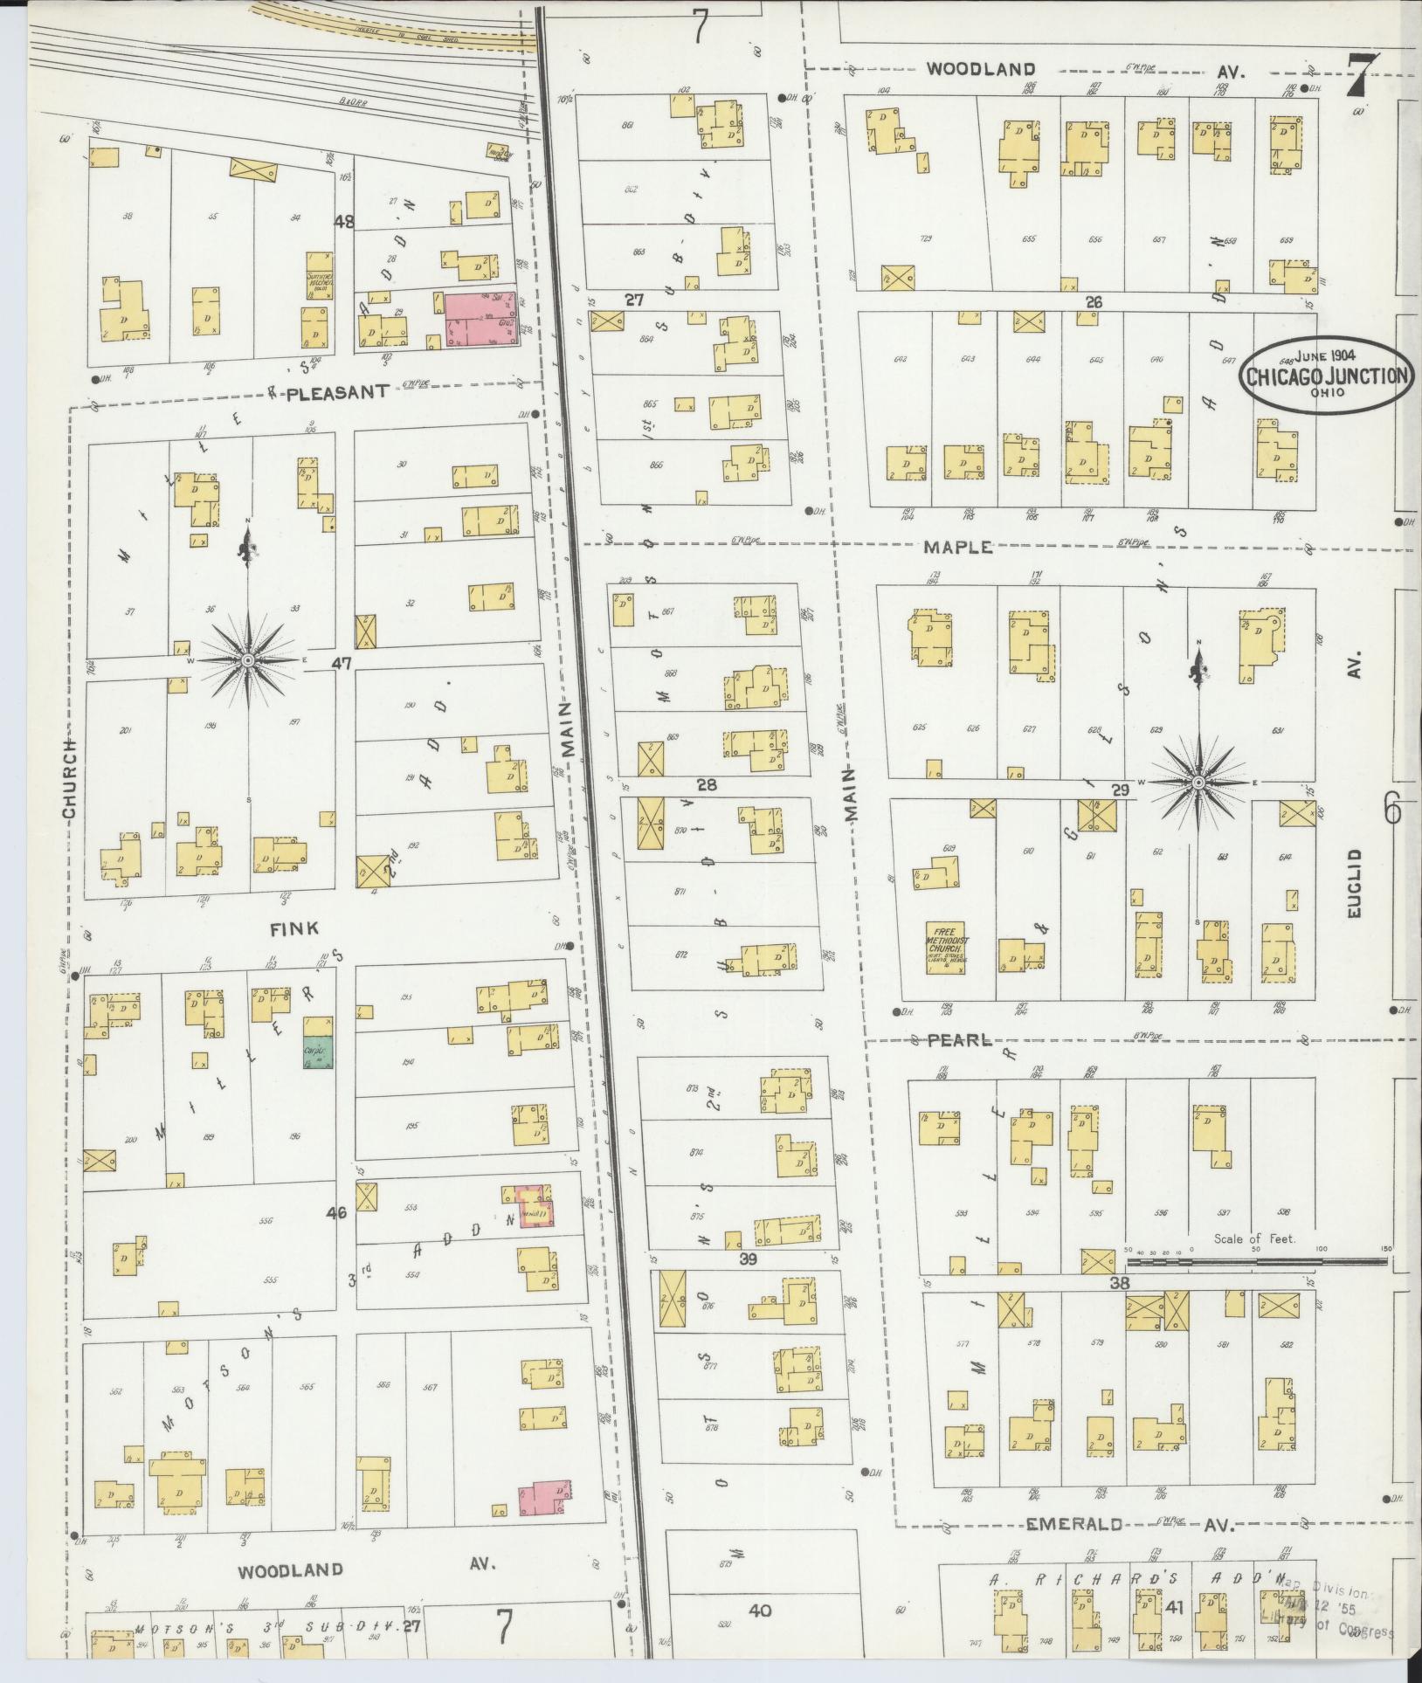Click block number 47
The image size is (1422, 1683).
tap(341, 664)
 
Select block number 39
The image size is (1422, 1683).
tap(748, 1259)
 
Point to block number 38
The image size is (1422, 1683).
tap(1121, 1284)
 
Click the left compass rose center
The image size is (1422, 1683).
tap(249, 660)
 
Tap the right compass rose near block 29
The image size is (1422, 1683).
tap(1198, 782)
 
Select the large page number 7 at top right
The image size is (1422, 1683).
tap(1363, 76)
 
